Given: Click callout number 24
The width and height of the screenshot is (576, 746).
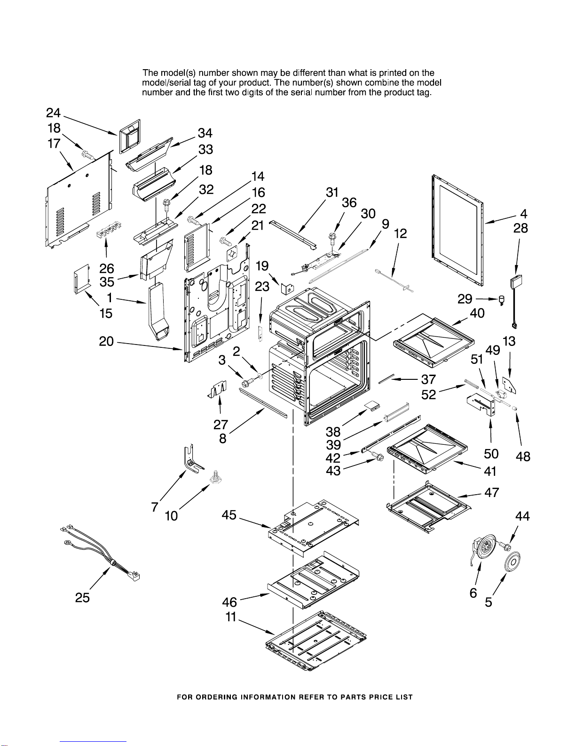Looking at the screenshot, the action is click(53, 113).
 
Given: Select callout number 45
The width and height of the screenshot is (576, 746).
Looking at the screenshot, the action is click(229, 515).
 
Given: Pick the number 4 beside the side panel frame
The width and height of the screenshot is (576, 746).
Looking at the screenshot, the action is click(523, 214).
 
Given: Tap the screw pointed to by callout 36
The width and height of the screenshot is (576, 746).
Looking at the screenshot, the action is click(332, 238).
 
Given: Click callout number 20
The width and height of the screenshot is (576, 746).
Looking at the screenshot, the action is click(106, 341).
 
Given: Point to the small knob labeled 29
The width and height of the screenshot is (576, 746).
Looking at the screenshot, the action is click(502, 300).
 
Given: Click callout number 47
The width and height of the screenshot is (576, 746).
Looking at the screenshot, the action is click(492, 493).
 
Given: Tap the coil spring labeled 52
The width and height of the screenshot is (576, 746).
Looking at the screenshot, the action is click(471, 384).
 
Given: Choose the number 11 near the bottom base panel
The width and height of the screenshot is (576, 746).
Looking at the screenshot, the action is click(231, 617).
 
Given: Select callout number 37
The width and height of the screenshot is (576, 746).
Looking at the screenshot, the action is click(428, 379).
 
